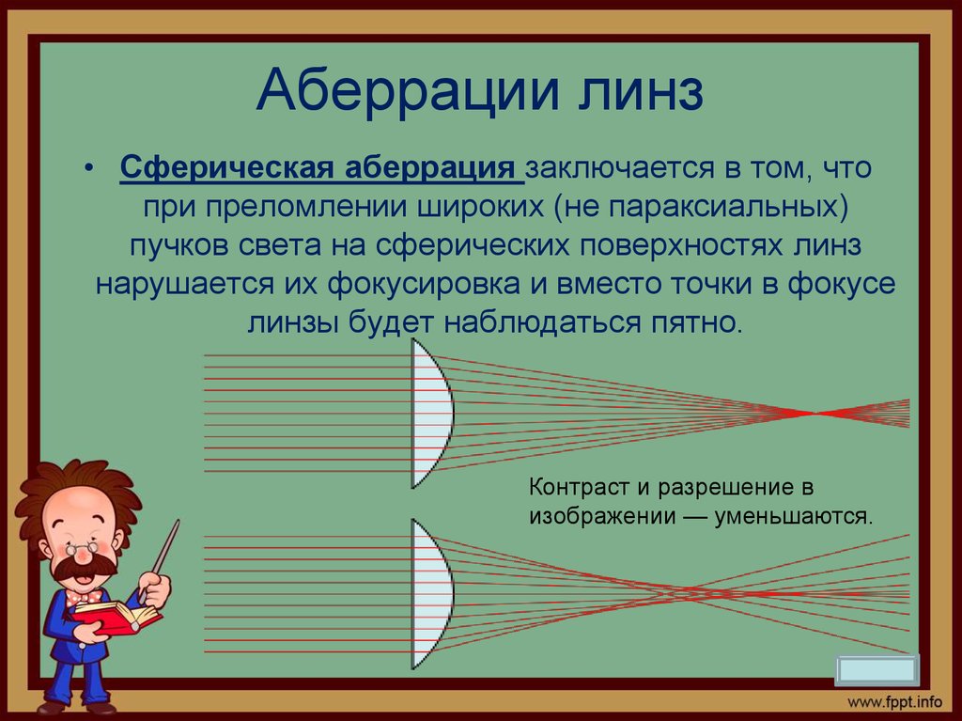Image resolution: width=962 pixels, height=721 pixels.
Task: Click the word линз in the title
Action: pyautogui.click(x=640, y=93)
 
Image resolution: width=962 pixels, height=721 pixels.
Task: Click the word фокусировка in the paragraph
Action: pyautogui.click(x=426, y=284)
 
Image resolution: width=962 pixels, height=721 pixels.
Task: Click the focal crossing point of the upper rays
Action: pyautogui.click(x=815, y=414)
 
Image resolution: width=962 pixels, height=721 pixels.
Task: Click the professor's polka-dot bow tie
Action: pyautogui.click(x=84, y=597)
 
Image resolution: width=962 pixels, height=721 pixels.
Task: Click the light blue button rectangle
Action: pyautogui.click(x=877, y=670)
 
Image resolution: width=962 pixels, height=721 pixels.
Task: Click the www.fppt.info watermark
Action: pyautogui.click(x=895, y=702)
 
